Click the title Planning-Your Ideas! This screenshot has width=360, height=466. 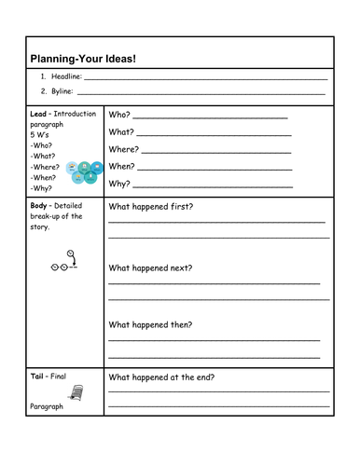click(x=83, y=59)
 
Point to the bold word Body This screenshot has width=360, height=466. click(x=40, y=204)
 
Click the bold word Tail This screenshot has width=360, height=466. click(x=38, y=377)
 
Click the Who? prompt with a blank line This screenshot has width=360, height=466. click(x=121, y=115)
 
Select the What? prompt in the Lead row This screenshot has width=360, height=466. click(x=122, y=132)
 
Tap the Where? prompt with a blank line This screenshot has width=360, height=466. click(x=124, y=149)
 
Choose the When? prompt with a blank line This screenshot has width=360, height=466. click(x=122, y=166)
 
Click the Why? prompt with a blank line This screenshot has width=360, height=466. click(x=119, y=184)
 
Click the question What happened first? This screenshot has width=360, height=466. click(x=151, y=206)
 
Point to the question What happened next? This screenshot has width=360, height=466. click(x=151, y=267)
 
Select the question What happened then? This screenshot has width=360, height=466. click(x=151, y=324)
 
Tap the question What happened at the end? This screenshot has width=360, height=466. click(x=161, y=377)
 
